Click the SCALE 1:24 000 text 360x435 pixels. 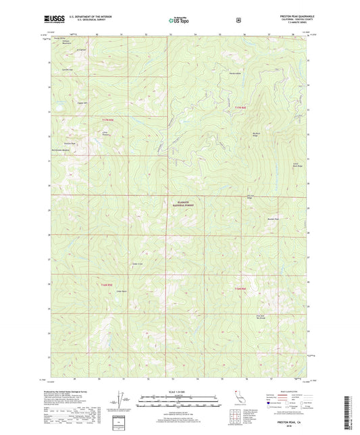[x=180, y=392]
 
